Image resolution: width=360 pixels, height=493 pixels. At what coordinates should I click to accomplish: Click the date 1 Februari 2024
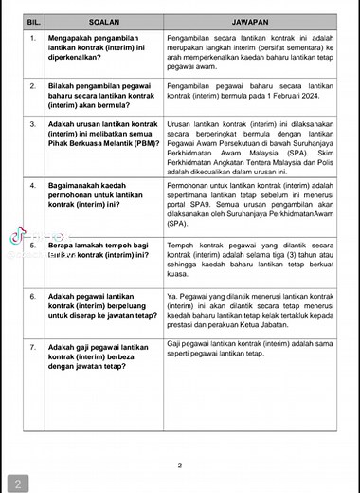click(x=307, y=97)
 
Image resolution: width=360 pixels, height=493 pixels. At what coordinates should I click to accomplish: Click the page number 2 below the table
click(x=180, y=465)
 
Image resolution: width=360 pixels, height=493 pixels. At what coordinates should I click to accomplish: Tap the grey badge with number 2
click(x=16, y=482)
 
